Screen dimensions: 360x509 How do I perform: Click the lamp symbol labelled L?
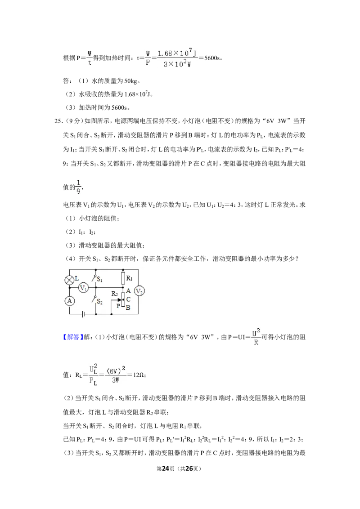tap(70, 280)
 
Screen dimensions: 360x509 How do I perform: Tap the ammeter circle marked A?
tap(70, 301)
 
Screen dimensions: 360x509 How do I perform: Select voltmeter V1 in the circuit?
tap(84, 288)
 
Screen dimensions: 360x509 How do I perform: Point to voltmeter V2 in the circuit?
tap(139, 291)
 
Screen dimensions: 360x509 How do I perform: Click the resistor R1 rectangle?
tap(123, 278)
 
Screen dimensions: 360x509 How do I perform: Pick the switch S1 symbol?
tap(96, 279)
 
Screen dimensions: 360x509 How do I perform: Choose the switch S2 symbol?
tap(96, 300)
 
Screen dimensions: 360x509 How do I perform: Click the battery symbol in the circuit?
tap(84, 314)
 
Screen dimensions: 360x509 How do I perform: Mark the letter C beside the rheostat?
tap(128, 299)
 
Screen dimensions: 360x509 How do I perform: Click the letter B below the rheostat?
tap(128, 308)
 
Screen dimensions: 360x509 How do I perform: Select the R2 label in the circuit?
tap(114, 294)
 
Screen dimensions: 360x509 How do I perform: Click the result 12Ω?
tap(139, 375)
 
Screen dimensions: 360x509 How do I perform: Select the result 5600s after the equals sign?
tap(212, 58)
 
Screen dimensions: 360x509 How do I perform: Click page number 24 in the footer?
tap(166, 469)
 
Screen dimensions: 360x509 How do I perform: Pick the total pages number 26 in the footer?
tap(189, 469)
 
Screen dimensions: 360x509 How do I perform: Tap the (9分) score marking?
tap(73, 121)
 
